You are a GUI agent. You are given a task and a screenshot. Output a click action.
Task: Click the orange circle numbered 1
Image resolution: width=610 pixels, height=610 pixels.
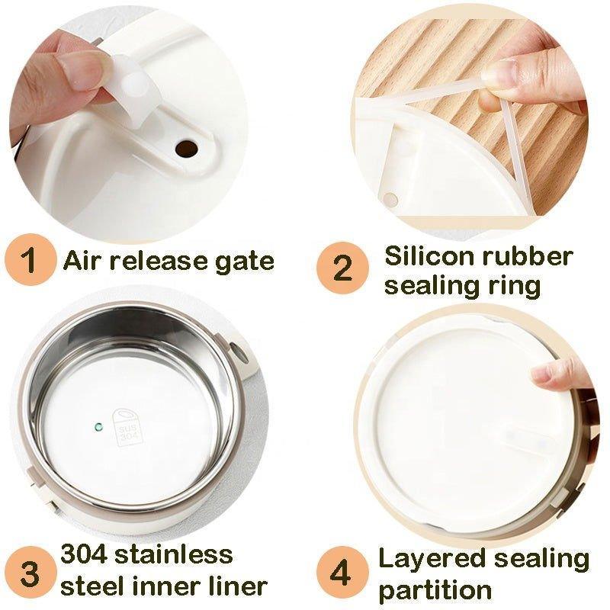(x=30, y=259)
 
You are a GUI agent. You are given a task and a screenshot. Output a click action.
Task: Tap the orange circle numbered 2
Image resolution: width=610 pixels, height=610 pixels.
(x=342, y=268)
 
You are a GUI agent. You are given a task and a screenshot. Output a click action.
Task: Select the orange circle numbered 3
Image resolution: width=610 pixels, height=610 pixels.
(x=30, y=573)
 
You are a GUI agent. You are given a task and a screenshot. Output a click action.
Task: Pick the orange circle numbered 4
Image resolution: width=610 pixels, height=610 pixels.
(x=342, y=573)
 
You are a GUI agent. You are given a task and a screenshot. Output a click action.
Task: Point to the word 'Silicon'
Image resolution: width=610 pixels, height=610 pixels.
(x=429, y=256)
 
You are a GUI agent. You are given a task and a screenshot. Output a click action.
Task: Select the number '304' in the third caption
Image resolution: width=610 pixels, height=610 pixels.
(x=84, y=554)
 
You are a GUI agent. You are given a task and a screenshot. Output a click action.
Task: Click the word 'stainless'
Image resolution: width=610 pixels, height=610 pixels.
(x=174, y=554)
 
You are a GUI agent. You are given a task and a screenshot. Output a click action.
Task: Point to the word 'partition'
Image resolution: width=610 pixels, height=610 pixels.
(x=435, y=590)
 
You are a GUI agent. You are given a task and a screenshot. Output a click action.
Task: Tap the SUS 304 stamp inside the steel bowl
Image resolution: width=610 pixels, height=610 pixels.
(x=126, y=427)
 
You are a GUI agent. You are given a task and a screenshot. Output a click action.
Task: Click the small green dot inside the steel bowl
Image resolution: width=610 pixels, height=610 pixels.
(x=98, y=427)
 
